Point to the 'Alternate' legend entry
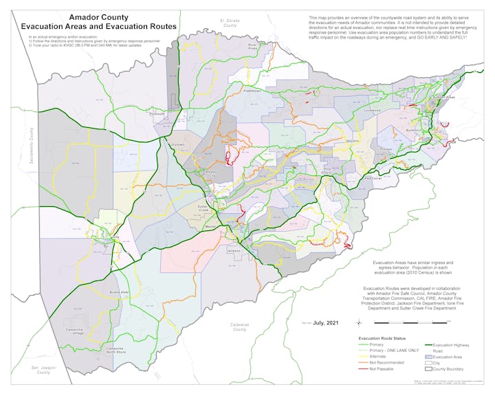pos(378,357)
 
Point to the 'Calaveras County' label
pos(239,327)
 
